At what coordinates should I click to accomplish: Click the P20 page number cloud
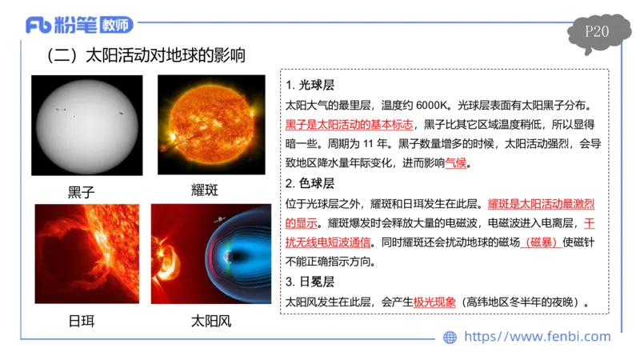point(598,34)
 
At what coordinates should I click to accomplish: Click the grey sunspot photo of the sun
point(87,125)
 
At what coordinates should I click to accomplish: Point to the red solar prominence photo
point(86,254)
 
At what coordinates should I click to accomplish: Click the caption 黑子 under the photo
point(82,192)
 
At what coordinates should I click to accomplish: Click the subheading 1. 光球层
point(310,86)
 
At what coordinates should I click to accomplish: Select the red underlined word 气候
point(455,163)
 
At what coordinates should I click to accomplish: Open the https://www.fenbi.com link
point(537,337)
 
